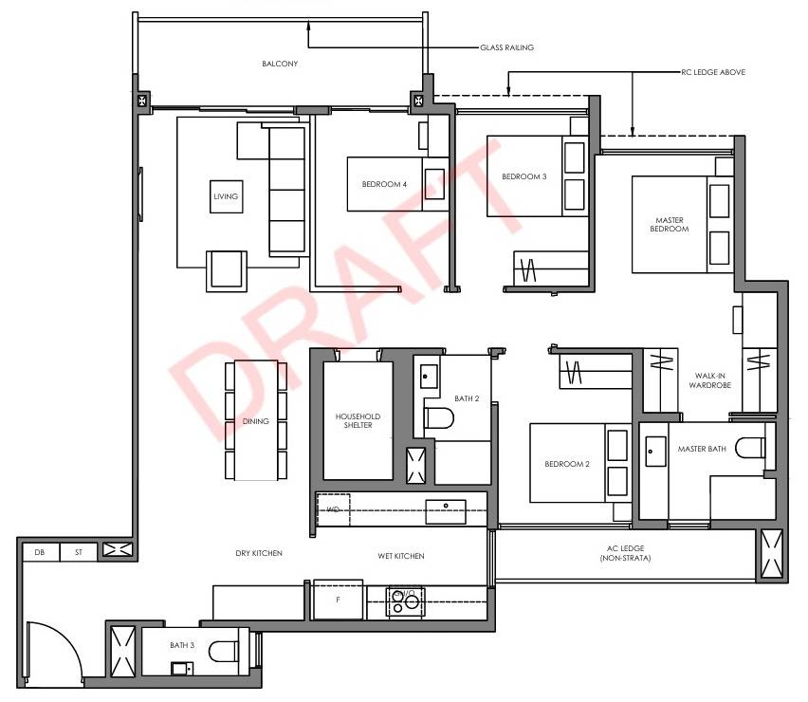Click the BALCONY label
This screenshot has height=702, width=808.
click(x=280, y=64)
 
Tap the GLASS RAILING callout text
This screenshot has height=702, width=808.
click(x=506, y=47)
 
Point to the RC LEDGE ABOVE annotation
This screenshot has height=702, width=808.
click(x=713, y=72)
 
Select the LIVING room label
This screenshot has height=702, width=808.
click(x=226, y=196)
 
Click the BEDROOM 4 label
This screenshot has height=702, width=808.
click(x=384, y=184)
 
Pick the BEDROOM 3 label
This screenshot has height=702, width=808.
click(x=524, y=176)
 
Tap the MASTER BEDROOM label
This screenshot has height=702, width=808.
click(x=669, y=224)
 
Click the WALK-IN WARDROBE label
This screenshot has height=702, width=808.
click(x=709, y=380)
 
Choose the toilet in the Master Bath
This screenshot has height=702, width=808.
click(x=750, y=448)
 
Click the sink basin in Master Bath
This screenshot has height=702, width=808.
click(x=655, y=452)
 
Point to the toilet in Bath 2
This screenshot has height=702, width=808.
click(x=438, y=418)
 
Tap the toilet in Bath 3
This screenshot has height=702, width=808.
click(x=224, y=651)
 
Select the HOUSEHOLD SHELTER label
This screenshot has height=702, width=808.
click(x=358, y=420)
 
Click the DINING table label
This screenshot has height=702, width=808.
click(x=256, y=421)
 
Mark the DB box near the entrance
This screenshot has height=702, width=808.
click(x=41, y=552)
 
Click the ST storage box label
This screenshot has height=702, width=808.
click(x=79, y=552)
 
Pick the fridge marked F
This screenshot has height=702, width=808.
click(x=338, y=600)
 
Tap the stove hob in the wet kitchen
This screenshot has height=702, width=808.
click(x=406, y=602)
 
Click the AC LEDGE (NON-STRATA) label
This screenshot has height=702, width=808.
click(x=625, y=553)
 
